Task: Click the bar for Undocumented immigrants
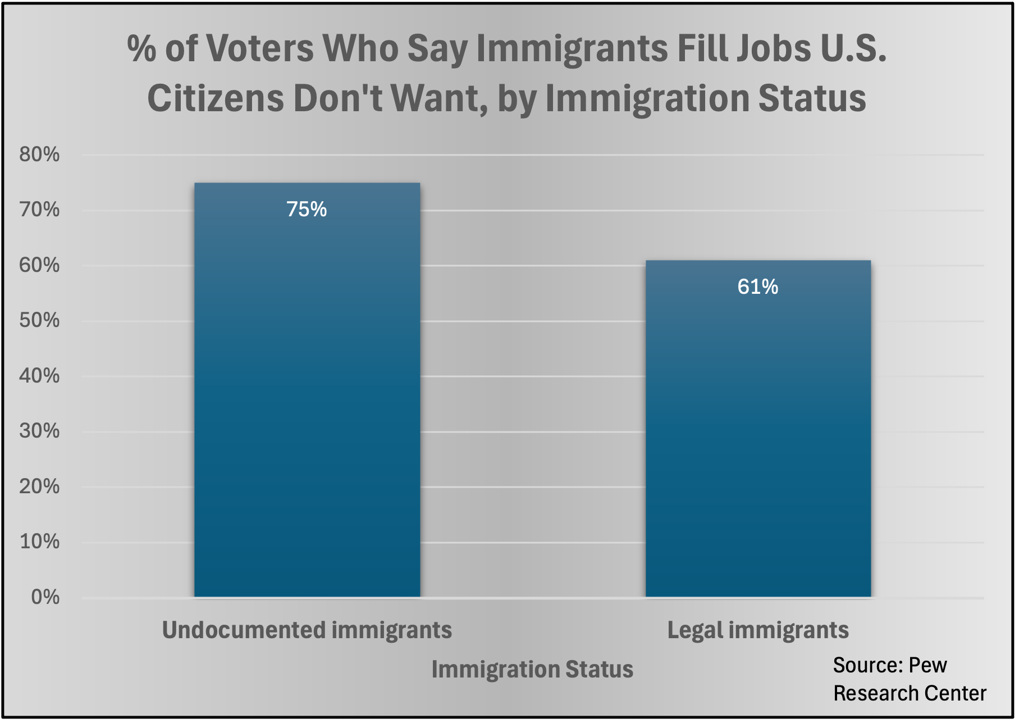click(x=307, y=393)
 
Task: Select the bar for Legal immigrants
click(x=758, y=433)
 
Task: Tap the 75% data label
click(x=307, y=210)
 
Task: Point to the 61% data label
click(x=757, y=287)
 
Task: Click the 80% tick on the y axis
click(x=39, y=154)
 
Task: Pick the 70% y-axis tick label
click(x=39, y=210)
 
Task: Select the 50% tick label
click(x=39, y=321)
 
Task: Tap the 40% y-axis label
click(x=39, y=376)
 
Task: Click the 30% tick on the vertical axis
click(x=39, y=431)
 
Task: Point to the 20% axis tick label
click(x=39, y=486)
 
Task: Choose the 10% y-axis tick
click(x=39, y=542)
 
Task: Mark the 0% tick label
click(x=45, y=597)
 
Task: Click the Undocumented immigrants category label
click(x=307, y=630)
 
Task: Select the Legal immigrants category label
click(x=758, y=630)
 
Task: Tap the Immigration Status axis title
click(x=532, y=670)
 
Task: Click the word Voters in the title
click(x=261, y=48)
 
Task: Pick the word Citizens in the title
click(x=216, y=98)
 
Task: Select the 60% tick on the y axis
click(x=39, y=265)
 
